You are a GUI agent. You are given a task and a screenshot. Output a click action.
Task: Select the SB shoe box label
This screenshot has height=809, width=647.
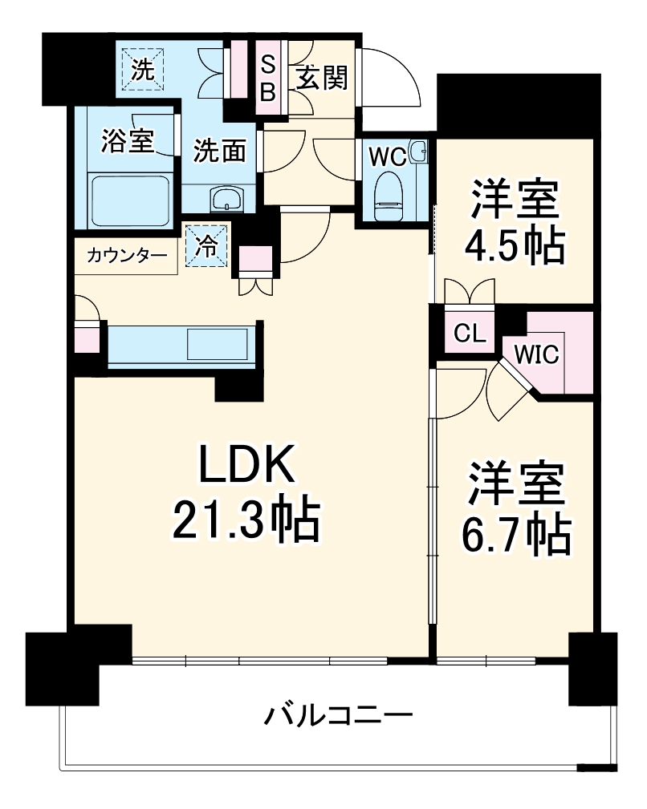click(x=268, y=78)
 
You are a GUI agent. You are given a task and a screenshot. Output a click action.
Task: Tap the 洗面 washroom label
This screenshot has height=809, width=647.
click(x=219, y=151)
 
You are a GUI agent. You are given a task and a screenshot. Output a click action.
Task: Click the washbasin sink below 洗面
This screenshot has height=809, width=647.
click(x=228, y=198)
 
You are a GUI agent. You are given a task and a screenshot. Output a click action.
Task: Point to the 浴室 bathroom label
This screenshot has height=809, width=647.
click(x=127, y=140)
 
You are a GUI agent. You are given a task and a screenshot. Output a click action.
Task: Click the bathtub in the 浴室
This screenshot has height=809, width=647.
click(x=128, y=202)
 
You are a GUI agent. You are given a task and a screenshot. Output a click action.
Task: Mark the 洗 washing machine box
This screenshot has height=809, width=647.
click(x=143, y=69)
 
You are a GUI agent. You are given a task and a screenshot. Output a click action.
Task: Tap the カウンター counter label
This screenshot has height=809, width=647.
click(x=127, y=257)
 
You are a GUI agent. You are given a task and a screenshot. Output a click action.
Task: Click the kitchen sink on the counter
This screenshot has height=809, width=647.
click(x=218, y=345)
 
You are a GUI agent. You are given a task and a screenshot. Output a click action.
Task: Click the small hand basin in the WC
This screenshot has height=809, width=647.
click(x=417, y=150)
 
